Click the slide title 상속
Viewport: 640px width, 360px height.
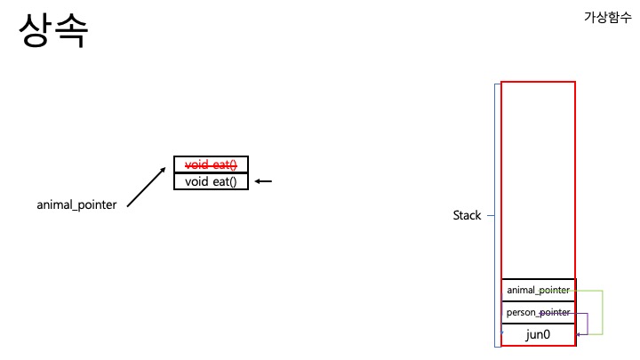point(53,31)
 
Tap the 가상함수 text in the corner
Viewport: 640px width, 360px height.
point(607,18)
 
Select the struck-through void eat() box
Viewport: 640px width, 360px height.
point(211,164)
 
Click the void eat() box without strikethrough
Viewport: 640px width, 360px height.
point(211,182)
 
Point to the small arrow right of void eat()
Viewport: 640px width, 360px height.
point(263,182)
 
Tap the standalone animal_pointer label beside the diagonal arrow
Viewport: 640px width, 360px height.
point(76,204)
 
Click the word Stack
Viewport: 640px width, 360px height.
point(467,215)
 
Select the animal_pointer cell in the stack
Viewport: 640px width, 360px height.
point(538,291)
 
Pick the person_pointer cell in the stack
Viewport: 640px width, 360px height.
point(538,313)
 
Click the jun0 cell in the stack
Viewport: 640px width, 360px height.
point(538,334)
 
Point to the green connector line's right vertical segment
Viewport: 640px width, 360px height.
point(604,312)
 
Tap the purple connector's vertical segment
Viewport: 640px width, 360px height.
point(588,324)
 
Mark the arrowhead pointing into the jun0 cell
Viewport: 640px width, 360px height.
point(579,335)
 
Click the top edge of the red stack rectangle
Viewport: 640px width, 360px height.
point(538,82)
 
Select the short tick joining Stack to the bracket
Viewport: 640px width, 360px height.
point(490,215)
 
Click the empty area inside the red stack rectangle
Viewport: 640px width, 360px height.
point(538,178)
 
